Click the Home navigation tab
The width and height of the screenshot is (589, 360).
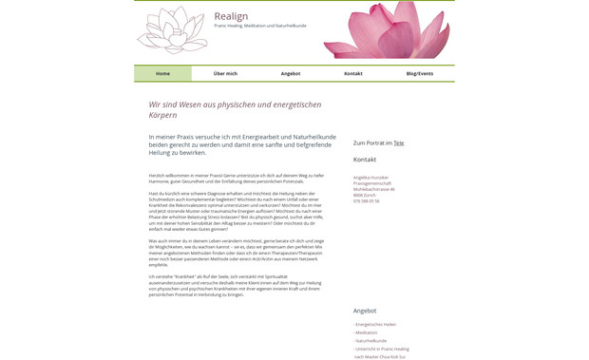click(x=162, y=73)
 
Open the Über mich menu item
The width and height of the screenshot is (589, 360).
click(x=225, y=73)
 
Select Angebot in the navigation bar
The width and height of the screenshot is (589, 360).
click(x=291, y=73)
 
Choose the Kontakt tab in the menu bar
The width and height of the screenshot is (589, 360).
click(x=353, y=73)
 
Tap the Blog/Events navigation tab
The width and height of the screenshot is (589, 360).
click(x=419, y=73)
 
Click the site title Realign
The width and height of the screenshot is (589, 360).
click(x=231, y=16)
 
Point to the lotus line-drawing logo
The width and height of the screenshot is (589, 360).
click(x=172, y=30)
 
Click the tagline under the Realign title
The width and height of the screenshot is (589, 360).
click(x=259, y=26)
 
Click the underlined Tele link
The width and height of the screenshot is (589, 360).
click(x=399, y=143)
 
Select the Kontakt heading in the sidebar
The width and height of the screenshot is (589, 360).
click(x=365, y=160)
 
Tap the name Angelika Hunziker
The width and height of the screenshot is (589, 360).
click(x=371, y=178)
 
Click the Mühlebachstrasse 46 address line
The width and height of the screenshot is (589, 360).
click(x=373, y=189)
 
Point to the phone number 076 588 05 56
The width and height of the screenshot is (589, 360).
click(x=366, y=200)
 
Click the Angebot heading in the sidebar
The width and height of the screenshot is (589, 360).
click(x=365, y=311)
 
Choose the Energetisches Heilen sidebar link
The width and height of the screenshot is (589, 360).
click(x=376, y=325)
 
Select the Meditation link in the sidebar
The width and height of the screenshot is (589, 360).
click(x=367, y=332)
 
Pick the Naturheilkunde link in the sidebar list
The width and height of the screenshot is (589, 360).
click(x=371, y=340)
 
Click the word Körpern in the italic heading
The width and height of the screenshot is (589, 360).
click(x=162, y=116)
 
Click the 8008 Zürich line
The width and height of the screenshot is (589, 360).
click(x=364, y=195)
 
